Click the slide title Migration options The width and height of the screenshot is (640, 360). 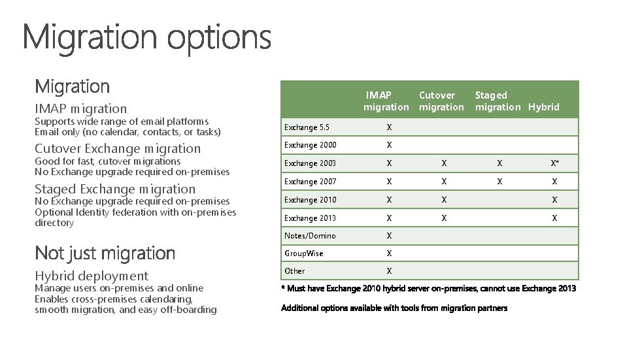pyautogui.click(x=147, y=37)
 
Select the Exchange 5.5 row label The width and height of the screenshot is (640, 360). pyautogui.click(x=306, y=127)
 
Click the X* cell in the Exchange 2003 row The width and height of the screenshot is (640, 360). pyautogui.click(x=554, y=163)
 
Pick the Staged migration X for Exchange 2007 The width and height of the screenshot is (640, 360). pyautogui.click(x=499, y=182)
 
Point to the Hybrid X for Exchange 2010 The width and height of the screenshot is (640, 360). pyautogui.click(x=554, y=200)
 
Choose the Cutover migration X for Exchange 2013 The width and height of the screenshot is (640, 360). pyautogui.click(x=444, y=218)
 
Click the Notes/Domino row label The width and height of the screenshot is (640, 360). pyautogui.click(x=310, y=236)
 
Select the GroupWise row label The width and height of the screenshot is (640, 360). pyautogui.click(x=303, y=254)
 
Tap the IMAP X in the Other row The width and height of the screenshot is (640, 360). pyautogui.click(x=389, y=271)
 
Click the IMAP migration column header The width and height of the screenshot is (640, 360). pyautogui.click(x=386, y=101)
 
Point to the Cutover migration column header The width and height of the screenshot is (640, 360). pyautogui.click(x=441, y=101)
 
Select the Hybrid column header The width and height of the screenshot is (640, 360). pyautogui.click(x=544, y=107)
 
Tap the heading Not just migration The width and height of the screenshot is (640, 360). pyautogui.click(x=105, y=253)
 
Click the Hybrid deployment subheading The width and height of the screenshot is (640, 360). pyautogui.click(x=92, y=276)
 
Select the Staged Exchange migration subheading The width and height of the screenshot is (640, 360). pyautogui.click(x=115, y=189)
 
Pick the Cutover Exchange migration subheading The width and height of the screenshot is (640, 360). pyautogui.click(x=118, y=149)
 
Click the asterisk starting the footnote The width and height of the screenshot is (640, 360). pyautogui.click(x=283, y=288)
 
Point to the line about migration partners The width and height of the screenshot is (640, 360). pyautogui.click(x=394, y=308)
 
